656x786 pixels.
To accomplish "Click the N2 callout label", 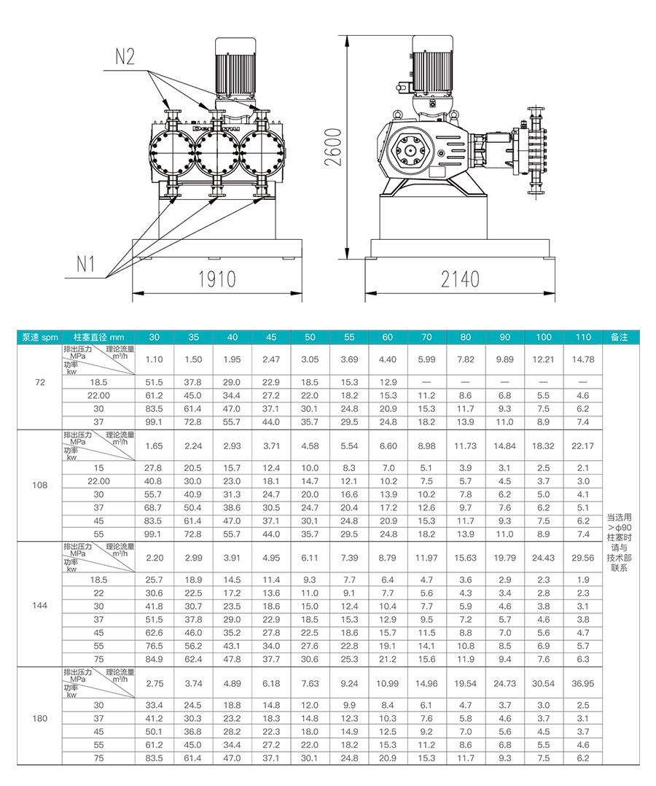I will pos(125,57).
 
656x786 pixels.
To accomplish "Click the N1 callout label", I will pos(86,263).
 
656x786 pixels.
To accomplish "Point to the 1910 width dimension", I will pos(216,279).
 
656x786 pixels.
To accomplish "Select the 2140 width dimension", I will pos(460,279).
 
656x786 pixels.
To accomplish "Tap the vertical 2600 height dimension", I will pos(333,146).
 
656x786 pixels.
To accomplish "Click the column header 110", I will pos(583,337).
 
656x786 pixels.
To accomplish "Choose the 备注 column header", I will pos(620,337).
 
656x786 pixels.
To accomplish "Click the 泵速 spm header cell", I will pos(40,337).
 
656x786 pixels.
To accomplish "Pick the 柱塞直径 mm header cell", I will pos(98,337).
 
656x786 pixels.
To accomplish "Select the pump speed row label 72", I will pos(40,382).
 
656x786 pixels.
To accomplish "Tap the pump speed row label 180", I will pos(40,718).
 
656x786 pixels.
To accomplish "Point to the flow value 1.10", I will pos(154,359).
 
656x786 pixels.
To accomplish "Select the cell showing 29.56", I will pos(583,558).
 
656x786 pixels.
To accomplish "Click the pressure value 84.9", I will pos(154,659).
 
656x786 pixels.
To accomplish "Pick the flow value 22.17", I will pos(583,445).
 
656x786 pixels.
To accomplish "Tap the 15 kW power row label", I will pos(98,467).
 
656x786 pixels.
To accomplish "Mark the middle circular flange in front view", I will pos(216,151).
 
